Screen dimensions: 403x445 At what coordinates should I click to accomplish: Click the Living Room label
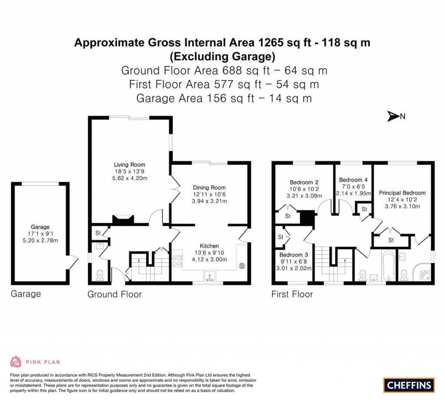pyautogui.click(x=130, y=165)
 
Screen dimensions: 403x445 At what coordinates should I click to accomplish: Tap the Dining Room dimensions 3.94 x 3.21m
pyautogui.click(x=209, y=201)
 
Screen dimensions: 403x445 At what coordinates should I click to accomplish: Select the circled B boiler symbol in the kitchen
pyautogui.click(x=242, y=265)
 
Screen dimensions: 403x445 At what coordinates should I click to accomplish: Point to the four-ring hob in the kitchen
pyautogui.click(x=178, y=260)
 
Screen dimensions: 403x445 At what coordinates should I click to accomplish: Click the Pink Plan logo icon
pyautogui.click(x=16, y=362)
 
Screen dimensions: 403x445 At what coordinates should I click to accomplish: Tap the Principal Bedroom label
pyautogui.click(x=402, y=193)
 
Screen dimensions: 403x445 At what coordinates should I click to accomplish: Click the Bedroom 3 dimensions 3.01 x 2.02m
pyautogui.click(x=294, y=268)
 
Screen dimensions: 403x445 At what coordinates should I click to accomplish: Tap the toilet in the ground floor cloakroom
pyautogui.click(x=99, y=275)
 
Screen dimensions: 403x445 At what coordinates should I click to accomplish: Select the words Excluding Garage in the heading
pyautogui.click(x=222, y=56)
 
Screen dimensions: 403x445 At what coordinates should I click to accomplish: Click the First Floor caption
pyautogui.click(x=292, y=294)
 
